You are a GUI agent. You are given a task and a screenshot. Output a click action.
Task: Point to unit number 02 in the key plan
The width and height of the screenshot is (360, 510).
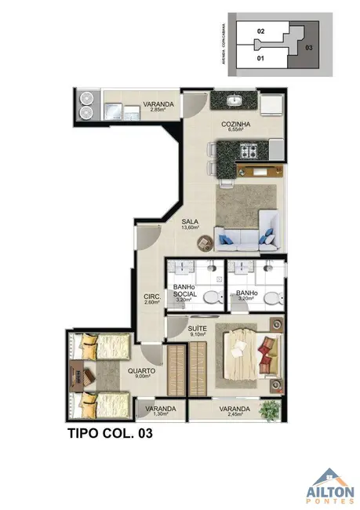(261, 30)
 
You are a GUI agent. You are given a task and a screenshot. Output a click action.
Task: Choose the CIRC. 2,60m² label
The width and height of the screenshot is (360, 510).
(152, 300)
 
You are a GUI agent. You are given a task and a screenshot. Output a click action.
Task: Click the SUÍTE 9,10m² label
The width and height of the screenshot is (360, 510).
(197, 330)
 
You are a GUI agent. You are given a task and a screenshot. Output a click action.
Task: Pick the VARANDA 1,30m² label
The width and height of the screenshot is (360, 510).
(159, 411)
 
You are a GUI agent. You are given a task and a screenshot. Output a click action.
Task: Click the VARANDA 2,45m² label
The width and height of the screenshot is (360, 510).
(235, 411)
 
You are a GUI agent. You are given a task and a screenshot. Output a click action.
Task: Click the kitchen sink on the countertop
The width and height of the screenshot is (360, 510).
(234, 101)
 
